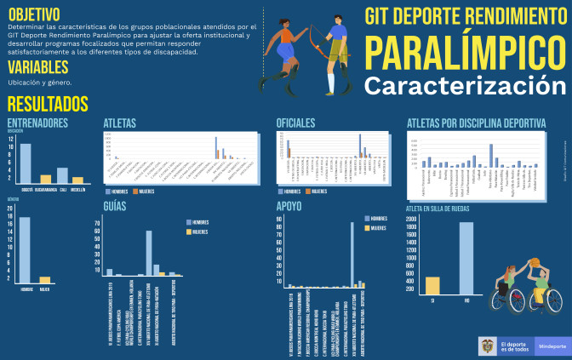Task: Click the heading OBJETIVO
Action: point(34,14)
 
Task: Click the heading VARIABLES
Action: point(38,66)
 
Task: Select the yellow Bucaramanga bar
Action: point(45,179)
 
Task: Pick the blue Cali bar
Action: point(62,175)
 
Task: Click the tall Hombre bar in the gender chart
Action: point(26,250)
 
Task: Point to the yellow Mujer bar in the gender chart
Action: point(45,279)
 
